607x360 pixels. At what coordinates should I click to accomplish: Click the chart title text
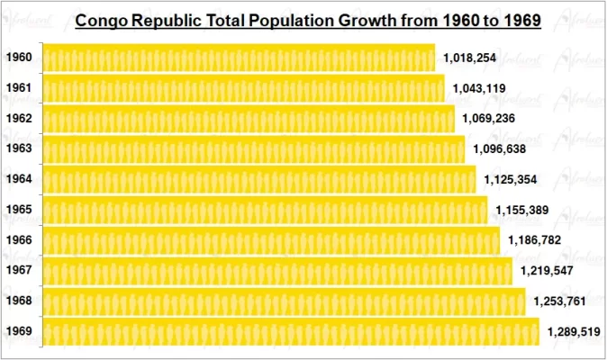pos(307,20)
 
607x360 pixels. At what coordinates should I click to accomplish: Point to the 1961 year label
pos(19,88)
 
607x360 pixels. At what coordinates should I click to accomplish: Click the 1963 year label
pos(19,148)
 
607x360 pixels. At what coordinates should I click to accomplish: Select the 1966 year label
pos(19,240)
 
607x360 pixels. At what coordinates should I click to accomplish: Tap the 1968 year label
pos(19,301)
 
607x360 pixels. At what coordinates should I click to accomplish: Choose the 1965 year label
pos(19,210)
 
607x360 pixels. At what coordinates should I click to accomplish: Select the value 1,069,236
pos(489,119)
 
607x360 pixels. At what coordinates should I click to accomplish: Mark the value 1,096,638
pos(499,149)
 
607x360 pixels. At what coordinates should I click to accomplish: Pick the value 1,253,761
pos(560,301)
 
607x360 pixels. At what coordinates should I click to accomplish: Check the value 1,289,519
pos(574,332)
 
